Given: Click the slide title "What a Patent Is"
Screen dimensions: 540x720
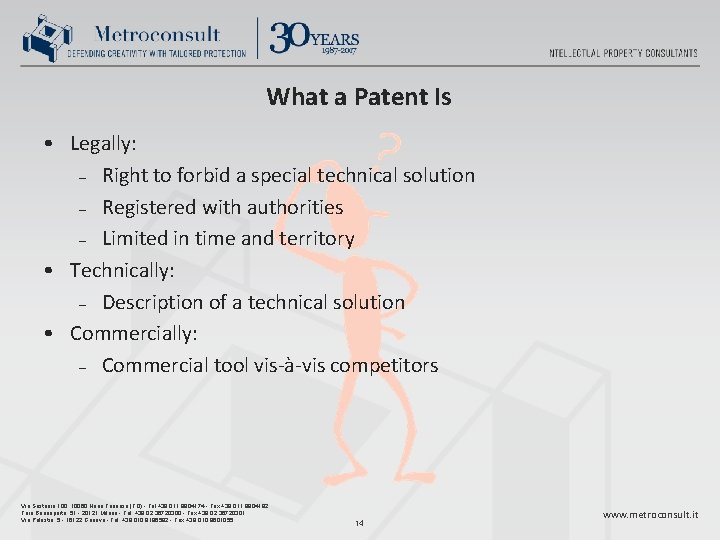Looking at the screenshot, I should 359,97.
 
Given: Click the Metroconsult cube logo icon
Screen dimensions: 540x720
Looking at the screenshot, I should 42,39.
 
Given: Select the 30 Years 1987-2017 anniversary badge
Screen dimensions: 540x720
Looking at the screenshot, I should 314,38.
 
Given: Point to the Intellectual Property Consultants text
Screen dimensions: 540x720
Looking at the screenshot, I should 623,53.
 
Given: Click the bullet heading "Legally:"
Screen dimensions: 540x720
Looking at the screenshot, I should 103,143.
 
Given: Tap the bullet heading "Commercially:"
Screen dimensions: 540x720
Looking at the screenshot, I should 134,333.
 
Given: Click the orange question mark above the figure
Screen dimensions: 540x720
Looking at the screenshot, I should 390,147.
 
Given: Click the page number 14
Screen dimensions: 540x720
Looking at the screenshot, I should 360,523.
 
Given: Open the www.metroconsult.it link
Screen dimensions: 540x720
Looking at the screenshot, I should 650,515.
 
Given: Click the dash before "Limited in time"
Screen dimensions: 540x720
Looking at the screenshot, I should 85,240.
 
